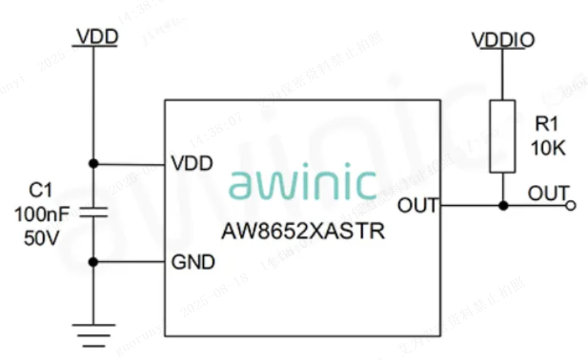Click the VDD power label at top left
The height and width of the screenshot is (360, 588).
coord(97,37)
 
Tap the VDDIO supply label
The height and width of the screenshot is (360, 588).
coord(503,41)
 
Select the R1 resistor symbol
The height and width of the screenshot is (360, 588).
coord(503,136)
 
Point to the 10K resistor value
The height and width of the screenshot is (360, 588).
coord(548,149)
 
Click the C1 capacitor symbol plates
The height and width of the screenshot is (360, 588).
coord(93,212)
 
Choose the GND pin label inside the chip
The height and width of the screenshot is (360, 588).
coord(193,262)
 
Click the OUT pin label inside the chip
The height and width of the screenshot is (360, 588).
coord(418,205)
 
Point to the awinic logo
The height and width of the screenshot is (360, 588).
coord(302,183)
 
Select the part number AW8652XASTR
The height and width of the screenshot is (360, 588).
coord(303,231)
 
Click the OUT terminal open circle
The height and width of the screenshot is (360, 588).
coord(570,206)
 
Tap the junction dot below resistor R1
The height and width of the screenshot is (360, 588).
coord(503,206)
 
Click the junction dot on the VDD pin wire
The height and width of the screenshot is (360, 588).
coord(93,164)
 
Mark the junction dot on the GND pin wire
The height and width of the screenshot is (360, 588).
coord(93,262)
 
